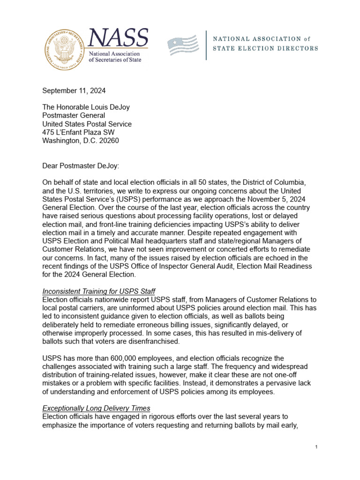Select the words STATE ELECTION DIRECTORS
265,48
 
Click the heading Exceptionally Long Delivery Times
96,408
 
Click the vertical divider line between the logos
207,45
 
